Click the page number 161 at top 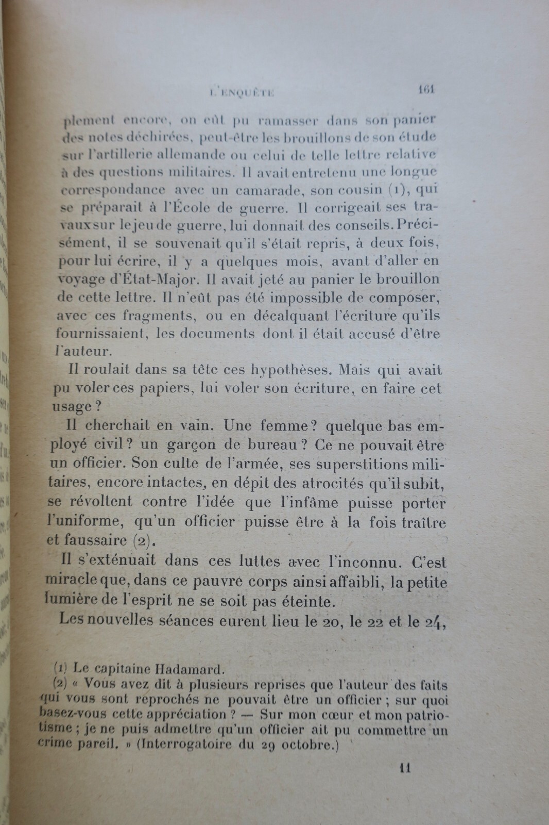[x=427, y=89]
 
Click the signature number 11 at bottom [x=404, y=768]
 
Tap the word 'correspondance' [x=114, y=190]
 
